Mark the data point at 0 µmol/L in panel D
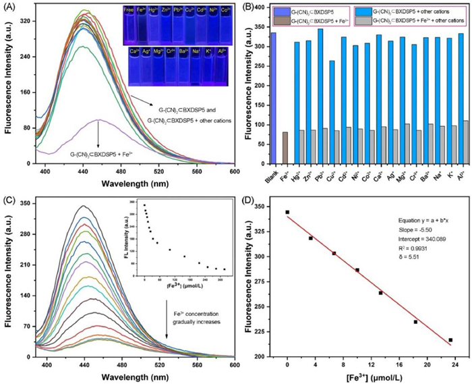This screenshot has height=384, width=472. [287, 212]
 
